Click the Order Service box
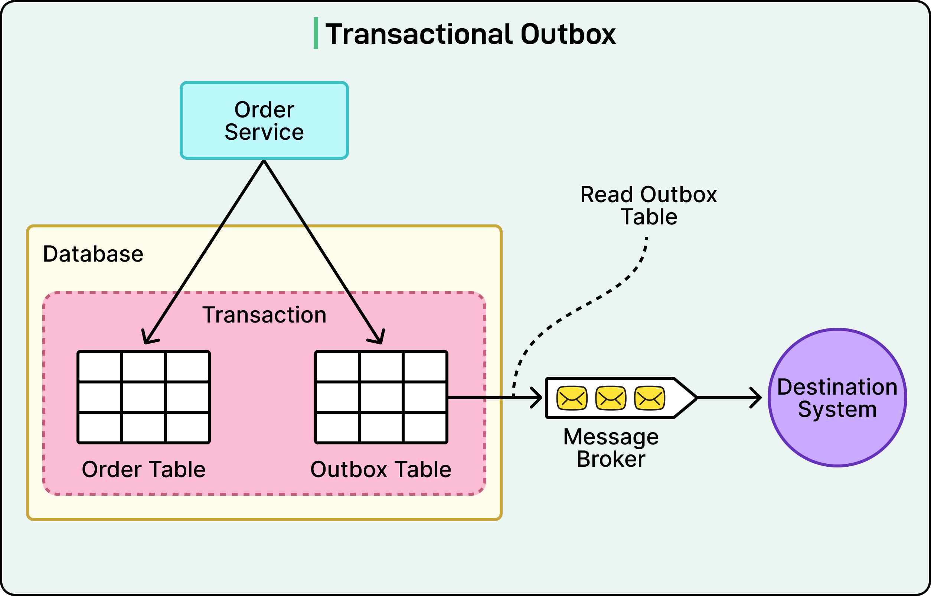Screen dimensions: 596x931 coord(264,120)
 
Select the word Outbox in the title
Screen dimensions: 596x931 coord(568,34)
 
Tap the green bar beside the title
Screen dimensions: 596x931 coord(316,33)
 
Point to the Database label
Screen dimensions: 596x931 coord(93,254)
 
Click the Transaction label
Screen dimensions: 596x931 coord(264,315)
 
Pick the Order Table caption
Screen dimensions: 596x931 coord(143,469)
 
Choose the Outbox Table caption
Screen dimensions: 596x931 coord(381,469)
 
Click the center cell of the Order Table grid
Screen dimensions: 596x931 coord(143,397)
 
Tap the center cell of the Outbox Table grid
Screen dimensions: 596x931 coord(381,397)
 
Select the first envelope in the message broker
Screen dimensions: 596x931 coord(572,398)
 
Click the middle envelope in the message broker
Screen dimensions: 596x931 coord(611,398)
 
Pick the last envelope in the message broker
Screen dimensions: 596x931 coord(650,398)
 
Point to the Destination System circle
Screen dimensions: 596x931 coord(837,398)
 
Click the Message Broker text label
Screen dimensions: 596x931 coord(611,448)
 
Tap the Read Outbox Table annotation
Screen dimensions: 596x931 coord(649,205)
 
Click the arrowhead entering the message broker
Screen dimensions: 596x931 coord(538,398)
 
